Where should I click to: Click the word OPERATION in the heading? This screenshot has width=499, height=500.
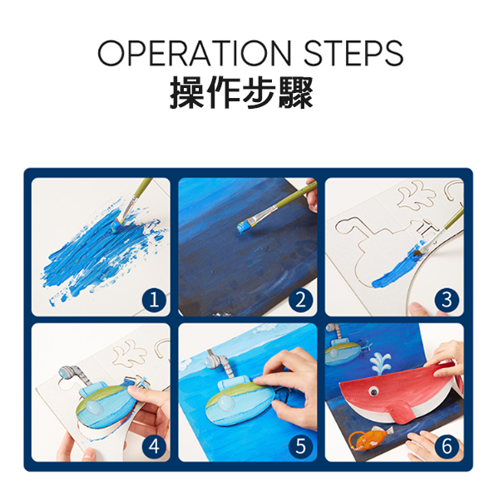pyautogui.click(x=195, y=53)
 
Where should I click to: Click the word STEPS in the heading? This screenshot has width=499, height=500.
pyautogui.click(x=353, y=53)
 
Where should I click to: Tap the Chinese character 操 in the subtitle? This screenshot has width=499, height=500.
pyautogui.click(x=187, y=92)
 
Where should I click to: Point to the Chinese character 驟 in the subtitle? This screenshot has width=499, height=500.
pyautogui.click(x=295, y=92)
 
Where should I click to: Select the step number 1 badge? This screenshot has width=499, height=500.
pyautogui.click(x=154, y=300)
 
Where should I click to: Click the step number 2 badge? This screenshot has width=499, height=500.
pyautogui.click(x=300, y=300)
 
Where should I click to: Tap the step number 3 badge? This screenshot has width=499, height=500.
pyautogui.click(x=447, y=300)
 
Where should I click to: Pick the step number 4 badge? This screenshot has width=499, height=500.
pyautogui.click(x=154, y=446)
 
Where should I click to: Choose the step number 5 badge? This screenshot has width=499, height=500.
pyautogui.click(x=300, y=446)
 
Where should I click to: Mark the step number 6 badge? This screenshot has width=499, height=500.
pyautogui.click(x=447, y=446)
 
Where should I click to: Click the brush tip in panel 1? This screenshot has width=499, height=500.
pyautogui.click(x=117, y=224)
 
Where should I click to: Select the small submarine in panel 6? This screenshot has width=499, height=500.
pyautogui.click(x=347, y=349)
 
